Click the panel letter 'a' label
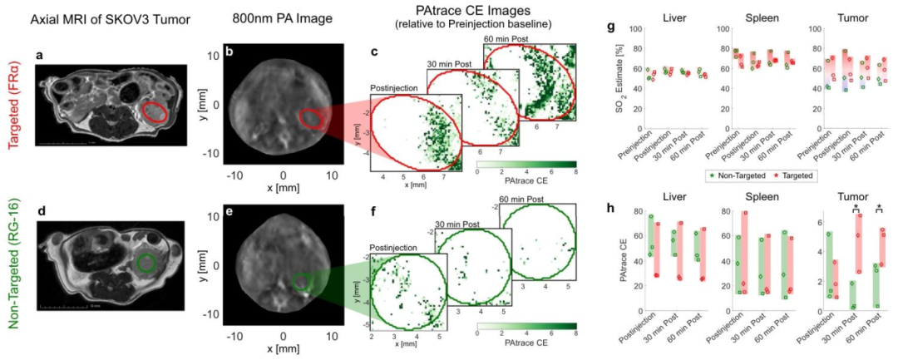[38, 56]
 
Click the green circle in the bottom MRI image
[146, 264]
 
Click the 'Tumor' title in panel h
[845, 197]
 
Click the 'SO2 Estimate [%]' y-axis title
[618, 94]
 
